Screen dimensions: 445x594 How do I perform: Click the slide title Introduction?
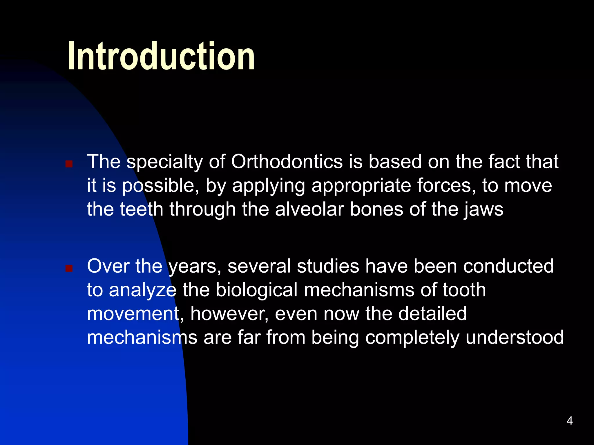(x=161, y=56)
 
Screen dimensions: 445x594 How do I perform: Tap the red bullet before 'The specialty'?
(x=69, y=164)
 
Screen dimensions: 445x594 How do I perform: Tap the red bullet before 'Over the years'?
(x=69, y=269)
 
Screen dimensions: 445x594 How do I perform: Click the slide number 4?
(x=570, y=421)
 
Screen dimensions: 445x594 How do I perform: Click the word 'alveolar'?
(x=309, y=209)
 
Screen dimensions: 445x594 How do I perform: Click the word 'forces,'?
(x=446, y=185)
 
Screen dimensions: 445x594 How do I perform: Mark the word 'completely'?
(x=412, y=338)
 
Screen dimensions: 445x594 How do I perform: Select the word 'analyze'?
(x=142, y=290)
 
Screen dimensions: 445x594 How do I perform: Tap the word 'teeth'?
(x=142, y=209)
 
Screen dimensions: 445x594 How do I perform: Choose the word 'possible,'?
(x=161, y=186)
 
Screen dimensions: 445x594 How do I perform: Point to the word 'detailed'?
(x=432, y=313)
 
